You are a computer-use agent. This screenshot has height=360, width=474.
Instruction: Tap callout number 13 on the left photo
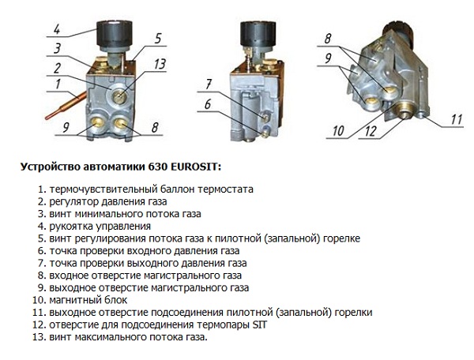coord(161,64)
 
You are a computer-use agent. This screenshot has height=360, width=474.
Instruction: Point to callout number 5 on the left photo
coord(158,38)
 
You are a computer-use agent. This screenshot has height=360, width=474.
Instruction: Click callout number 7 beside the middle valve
coord(208,83)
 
